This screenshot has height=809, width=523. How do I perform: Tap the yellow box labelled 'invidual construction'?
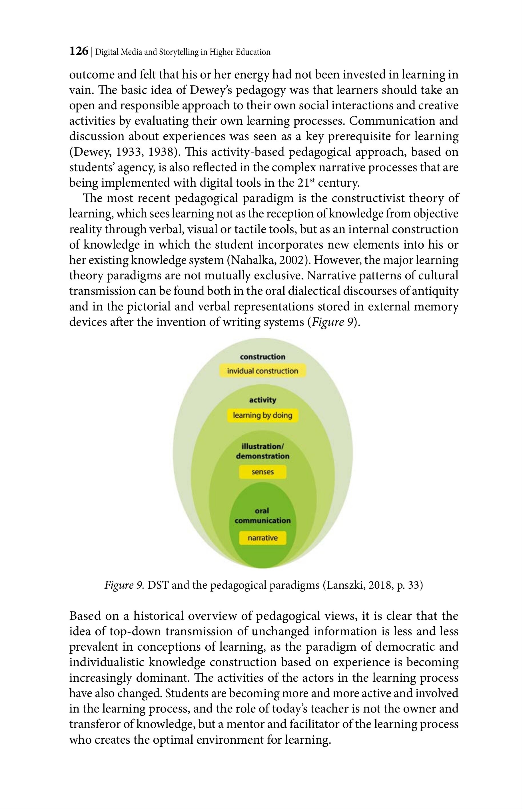[262, 371]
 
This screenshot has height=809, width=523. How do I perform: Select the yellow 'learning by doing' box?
[262, 415]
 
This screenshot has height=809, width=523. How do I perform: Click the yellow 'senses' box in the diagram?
[262, 472]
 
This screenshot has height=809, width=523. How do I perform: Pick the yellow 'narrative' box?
[262, 538]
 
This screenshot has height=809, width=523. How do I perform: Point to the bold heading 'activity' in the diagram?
[262, 400]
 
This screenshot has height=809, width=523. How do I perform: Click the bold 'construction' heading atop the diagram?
[262, 357]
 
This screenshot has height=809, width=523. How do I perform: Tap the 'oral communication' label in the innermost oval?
[262, 516]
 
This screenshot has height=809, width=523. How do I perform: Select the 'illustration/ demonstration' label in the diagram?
[262, 451]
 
